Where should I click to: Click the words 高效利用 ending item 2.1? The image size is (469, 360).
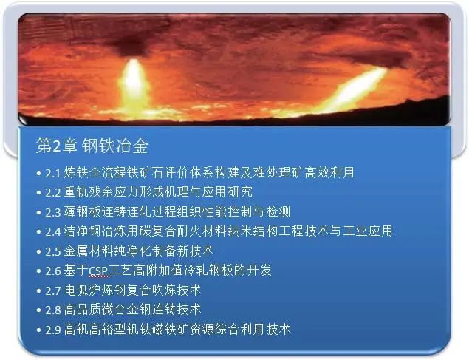pos(329,173)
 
